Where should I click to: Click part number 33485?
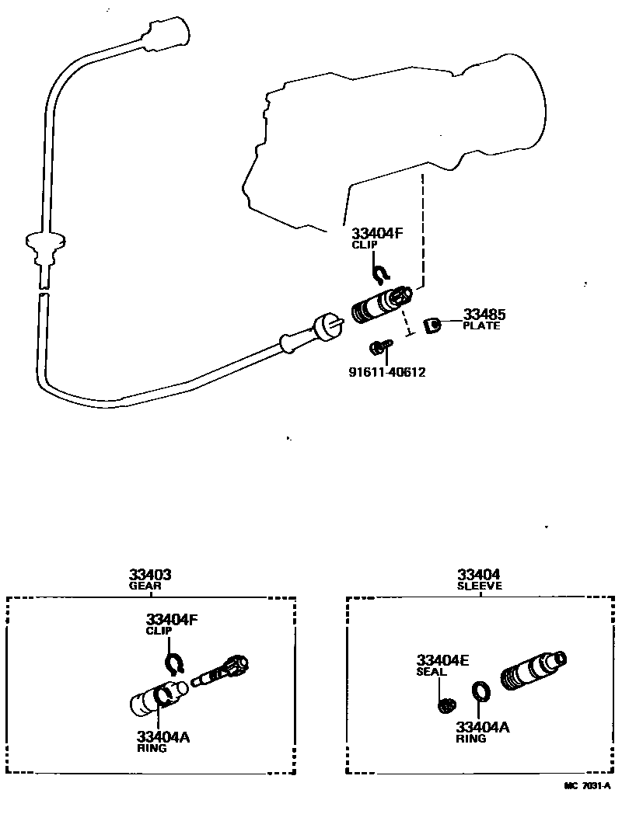point(484,315)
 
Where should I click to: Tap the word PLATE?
point(481,326)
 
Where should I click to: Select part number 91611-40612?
point(386,372)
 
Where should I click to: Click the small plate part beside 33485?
point(433,325)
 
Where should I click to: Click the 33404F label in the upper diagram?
point(377,233)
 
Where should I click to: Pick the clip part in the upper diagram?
point(380,271)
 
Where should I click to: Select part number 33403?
point(150,575)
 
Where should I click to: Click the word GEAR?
point(145,586)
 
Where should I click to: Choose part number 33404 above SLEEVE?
point(479,575)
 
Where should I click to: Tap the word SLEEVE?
point(480,586)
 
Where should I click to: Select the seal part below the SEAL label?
point(446,705)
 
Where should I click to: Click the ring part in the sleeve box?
point(480,690)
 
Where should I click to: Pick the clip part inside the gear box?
point(173,663)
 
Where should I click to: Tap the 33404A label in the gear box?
point(163,737)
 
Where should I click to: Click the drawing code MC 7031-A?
point(588,786)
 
